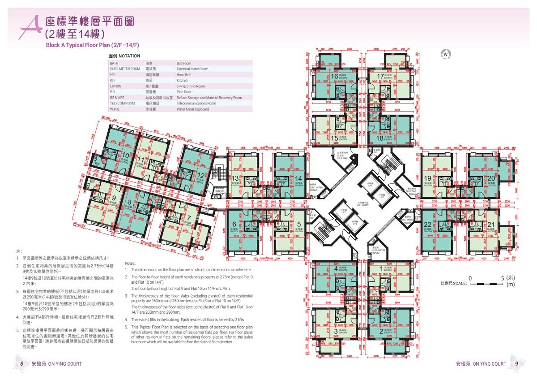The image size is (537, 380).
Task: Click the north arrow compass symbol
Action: click(446, 55)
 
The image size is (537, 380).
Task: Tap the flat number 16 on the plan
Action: click(335, 76)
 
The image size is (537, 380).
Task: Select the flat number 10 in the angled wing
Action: click(126, 156)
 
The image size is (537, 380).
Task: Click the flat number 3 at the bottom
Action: click(336, 331)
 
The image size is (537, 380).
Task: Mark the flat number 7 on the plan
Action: click(189, 218)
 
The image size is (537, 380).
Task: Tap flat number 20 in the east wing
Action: click(491, 178)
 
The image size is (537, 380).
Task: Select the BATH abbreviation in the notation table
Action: click(114, 64)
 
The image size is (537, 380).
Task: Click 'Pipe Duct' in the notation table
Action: click(185, 92)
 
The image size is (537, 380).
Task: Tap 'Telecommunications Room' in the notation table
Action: click(196, 103)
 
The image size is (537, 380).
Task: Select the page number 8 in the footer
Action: click(21, 364)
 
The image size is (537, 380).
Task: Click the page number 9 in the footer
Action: click(516, 364)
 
